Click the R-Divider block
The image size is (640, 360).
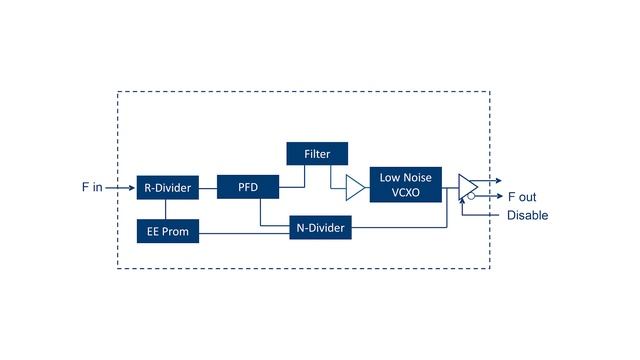[167, 186]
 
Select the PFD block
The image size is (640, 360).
[247, 186]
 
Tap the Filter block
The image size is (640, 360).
[317, 154]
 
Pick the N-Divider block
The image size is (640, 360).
[320, 228]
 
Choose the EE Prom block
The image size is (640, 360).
[167, 232]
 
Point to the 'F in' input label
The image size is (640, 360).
[92, 187]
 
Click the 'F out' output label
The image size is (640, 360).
[521, 197]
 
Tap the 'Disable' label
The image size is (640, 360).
[527, 215]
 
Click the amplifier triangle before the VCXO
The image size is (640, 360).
[354, 186]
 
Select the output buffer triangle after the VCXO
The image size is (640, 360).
[467, 187]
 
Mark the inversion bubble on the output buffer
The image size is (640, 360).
[471, 197]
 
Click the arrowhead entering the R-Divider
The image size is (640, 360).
[132, 186]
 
